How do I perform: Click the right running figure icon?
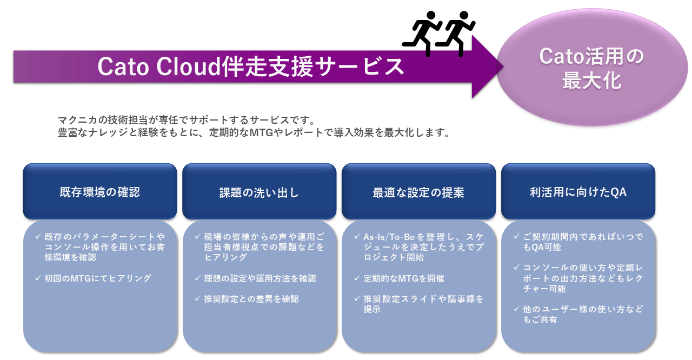(x=455, y=34)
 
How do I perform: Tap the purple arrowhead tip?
(x=503, y=66)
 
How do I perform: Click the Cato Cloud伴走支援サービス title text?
(x=250, y=66)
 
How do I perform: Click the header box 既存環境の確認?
(x=100, y=191)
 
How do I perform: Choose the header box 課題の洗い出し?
(x=259, y=191)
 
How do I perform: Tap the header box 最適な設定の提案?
(x=418, y=191)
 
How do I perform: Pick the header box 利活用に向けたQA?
(x=578, y=191)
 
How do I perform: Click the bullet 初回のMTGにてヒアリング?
(x=98, y=278)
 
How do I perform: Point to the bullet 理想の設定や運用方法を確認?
(x=260, y=278)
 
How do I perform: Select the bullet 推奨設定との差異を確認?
(x=251, y=299)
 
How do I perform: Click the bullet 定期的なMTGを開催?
(x=403, y=278)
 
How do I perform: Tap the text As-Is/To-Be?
(x=389, y=237)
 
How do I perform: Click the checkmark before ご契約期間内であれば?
(x=516, y=237)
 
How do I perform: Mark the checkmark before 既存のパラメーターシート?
(x=38, y=237)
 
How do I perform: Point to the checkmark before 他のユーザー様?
(x=516, y=309)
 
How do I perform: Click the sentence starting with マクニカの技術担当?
(x=187, y=120)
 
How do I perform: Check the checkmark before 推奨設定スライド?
(x=357, y=298)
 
